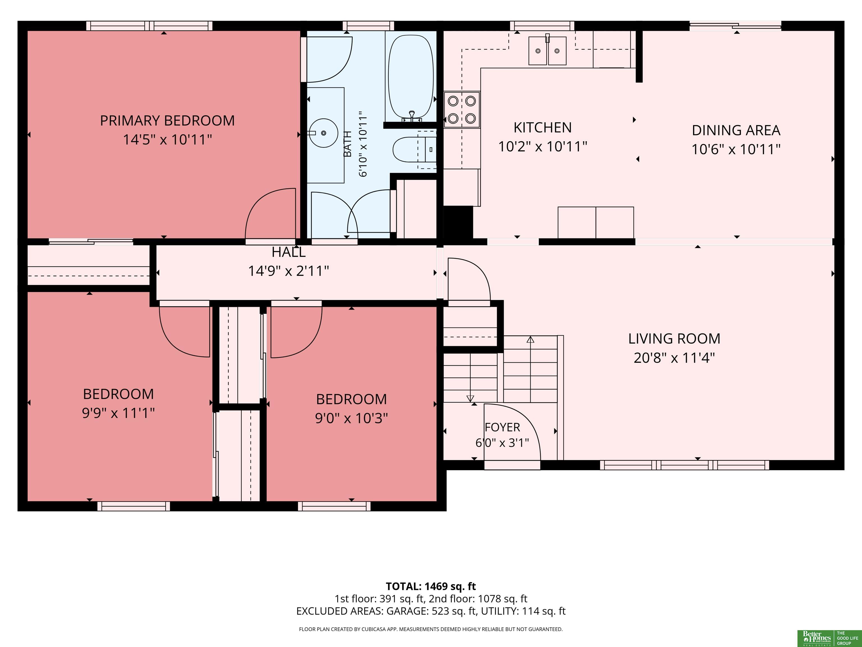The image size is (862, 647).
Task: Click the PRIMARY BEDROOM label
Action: point(167,120)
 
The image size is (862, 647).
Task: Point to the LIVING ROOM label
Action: point(674,338)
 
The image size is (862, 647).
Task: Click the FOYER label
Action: point(502,427)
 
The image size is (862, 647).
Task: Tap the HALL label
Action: point(288,252)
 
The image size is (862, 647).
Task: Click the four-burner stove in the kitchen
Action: point(462,110)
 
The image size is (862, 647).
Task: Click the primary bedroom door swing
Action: point(270,214)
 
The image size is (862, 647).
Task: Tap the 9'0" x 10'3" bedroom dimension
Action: point(352,418)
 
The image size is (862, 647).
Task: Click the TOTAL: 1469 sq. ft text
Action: point(431,587)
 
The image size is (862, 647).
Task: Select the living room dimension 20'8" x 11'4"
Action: point(674,358)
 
